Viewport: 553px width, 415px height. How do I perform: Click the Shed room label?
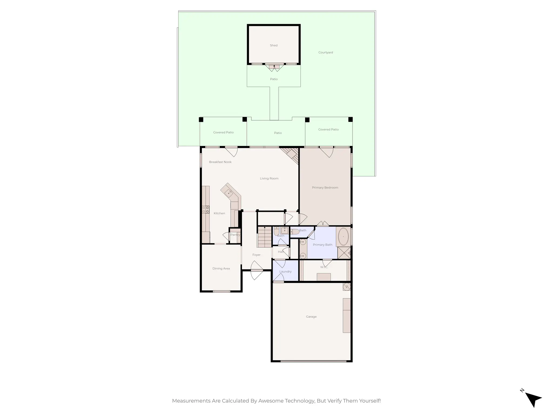pos(274,45)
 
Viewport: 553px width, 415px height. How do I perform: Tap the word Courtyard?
pos(325,52)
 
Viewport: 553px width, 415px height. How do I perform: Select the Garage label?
pos(311,317)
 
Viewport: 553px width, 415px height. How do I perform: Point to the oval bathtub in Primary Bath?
pos(343,237)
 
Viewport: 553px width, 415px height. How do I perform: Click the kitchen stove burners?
pos(205,209)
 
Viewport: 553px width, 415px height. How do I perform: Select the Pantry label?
pos(235,235)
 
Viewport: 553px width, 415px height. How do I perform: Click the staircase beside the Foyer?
pos(264,237)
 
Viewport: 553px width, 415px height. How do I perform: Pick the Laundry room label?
pos(285,272)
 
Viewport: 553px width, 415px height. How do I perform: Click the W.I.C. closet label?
pos(324,267)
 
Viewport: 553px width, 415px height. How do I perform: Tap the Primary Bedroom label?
pos(325,188)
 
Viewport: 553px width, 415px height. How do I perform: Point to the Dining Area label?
pos(221,269)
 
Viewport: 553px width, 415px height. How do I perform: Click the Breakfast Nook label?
pos(220,162)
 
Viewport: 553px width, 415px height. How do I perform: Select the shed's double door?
pos(274,68)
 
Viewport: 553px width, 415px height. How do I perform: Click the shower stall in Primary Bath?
pos(344,253)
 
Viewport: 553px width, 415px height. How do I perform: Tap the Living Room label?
pos(269,178)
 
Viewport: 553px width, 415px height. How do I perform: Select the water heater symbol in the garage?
pos(346,287)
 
